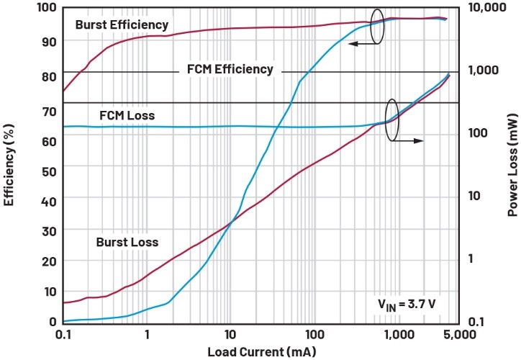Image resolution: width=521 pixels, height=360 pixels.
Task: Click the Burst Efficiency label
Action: pos(122,25)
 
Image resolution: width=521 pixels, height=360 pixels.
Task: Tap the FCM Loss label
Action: pos(127,115)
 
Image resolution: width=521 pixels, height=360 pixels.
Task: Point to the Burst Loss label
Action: pos(127,242)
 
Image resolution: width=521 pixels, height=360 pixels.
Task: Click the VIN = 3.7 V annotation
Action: pos(407,304)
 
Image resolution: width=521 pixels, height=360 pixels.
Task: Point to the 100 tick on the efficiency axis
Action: pos(47,8)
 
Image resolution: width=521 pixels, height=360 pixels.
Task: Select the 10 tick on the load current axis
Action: pos(230,335)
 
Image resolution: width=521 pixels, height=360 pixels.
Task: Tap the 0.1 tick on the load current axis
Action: pos(63,335)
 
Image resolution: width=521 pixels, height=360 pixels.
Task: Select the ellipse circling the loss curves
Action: pos(391,119)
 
